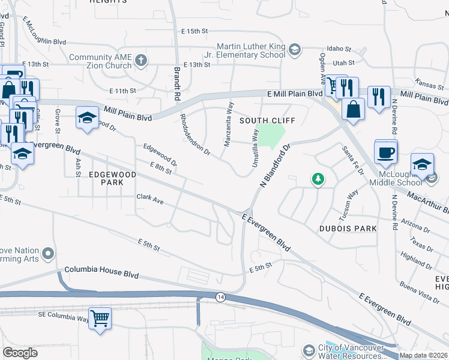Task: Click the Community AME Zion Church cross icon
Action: (141, 59)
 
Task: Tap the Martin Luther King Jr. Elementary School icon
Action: (295, 49)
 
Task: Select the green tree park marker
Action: (318, 178)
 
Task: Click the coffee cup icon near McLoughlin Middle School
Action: (385, 152)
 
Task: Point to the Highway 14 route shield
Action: (220, 296)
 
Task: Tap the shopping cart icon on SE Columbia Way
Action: (100, 318)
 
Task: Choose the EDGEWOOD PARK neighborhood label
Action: (113, 178)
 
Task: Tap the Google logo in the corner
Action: (20, 353)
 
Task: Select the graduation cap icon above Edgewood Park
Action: (87, 117)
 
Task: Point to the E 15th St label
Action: (194, 31)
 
